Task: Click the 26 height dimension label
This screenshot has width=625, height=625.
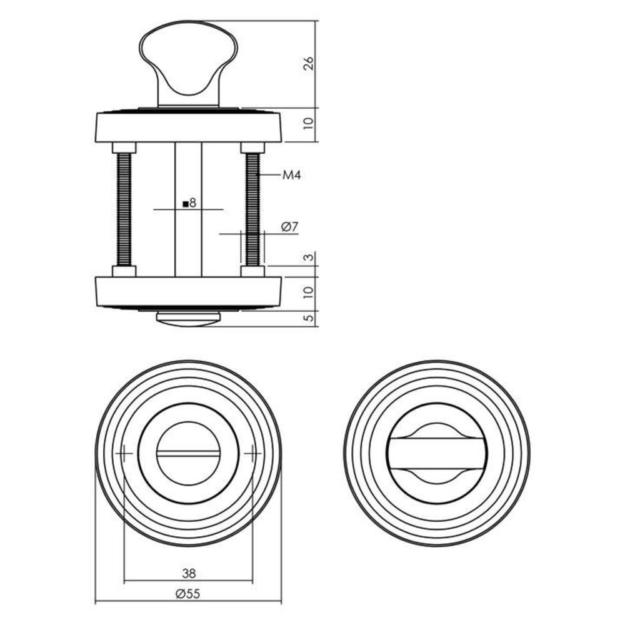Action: (x=308, y=64)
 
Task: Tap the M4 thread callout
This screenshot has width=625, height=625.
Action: (x=291, y=176)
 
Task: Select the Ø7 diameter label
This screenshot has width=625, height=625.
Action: (x=288, y=227)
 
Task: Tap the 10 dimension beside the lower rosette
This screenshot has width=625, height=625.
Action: (x=308, y=292)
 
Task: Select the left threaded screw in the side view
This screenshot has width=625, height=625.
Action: (x=124, y=209)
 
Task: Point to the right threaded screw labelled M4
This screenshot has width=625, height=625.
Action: (x=252, y=209)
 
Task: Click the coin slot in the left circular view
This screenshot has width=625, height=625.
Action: (x=188, y=452)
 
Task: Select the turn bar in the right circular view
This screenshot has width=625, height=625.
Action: (x=437, y=453)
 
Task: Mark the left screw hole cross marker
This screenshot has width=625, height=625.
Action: (x=124, y=452)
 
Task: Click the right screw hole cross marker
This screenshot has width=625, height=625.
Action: (x=252, y=452)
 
